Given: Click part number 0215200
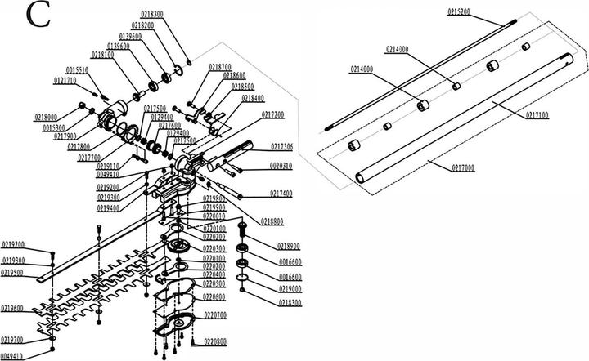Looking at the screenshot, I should pyautogui.click(x=459, y=11).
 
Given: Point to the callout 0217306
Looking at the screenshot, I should pyautogui.click(x=282, y=147).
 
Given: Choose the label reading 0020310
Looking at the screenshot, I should pyautogui.click(x=282, y=167).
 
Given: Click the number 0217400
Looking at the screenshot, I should pyautogui.click(x=281, y=194).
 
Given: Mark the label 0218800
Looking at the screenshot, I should pyautogui.click(x=272, y=221).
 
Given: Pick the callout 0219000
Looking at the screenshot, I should pyautogui.click(x=290, y=289).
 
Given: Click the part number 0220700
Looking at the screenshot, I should pyautogui.click(x=215, y=314).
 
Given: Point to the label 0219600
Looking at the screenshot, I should pyautogui.click(x=12, y=308).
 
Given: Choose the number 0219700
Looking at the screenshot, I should pyautogui.click(x=12, y=339).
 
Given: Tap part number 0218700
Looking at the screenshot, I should pyautogui.click(x=220, y=67).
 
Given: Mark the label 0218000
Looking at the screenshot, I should pyautogui.click(x=47, y=118).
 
